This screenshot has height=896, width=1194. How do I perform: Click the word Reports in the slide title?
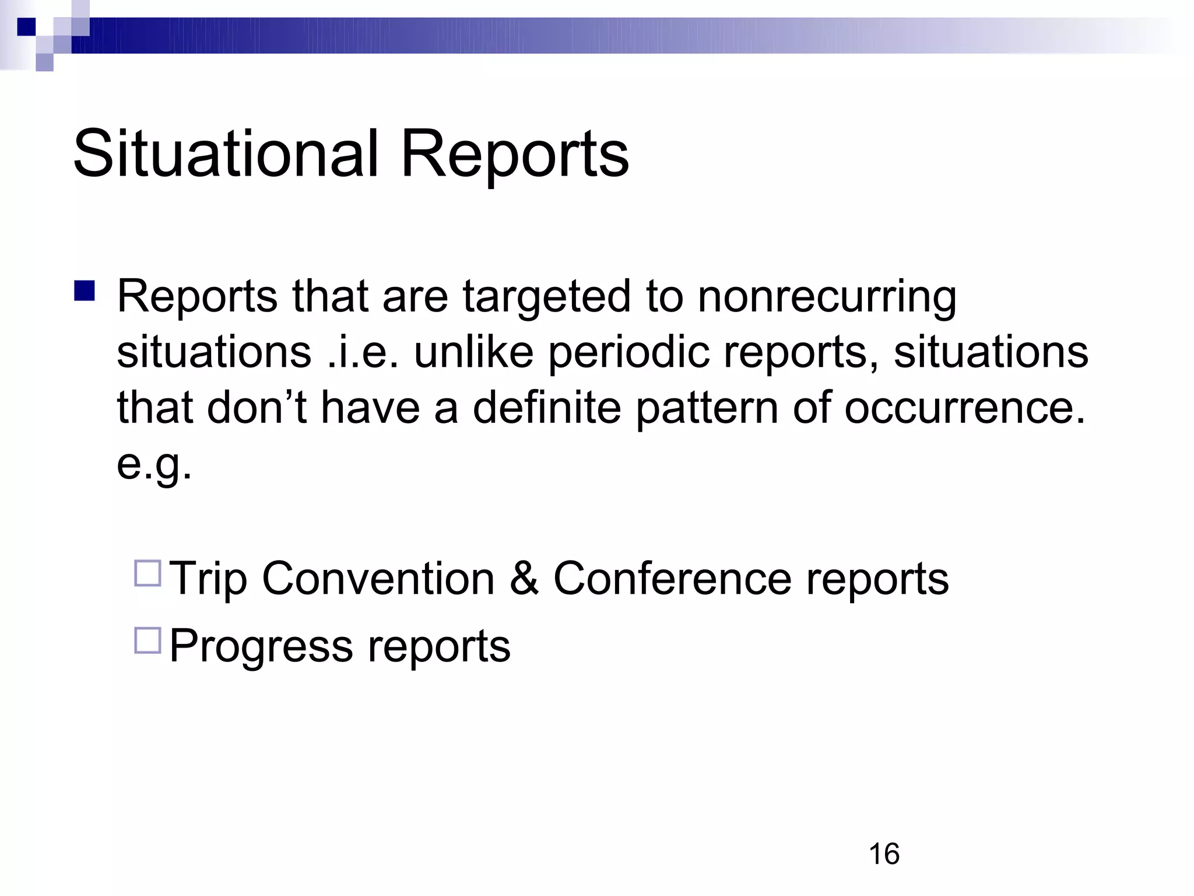pos(515,155)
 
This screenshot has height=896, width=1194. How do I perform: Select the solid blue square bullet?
pos(85,290)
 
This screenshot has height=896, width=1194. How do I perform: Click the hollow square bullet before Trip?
pos(148,573)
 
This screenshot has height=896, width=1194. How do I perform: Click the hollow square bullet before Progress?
pos(148,640)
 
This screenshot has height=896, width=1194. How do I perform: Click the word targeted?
pos(546,297)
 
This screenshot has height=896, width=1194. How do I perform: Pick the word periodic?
pos(628,353)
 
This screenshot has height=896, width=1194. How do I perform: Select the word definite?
pos(546,408)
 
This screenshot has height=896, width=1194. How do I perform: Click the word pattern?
pos(707,409)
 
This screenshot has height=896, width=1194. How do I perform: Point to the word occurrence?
pos(965,408)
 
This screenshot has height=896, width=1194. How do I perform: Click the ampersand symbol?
pos(524,578)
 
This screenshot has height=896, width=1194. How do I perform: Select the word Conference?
pos(672,578)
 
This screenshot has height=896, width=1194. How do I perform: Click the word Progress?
pos(261,646)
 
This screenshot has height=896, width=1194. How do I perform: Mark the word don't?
pos(257,408)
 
